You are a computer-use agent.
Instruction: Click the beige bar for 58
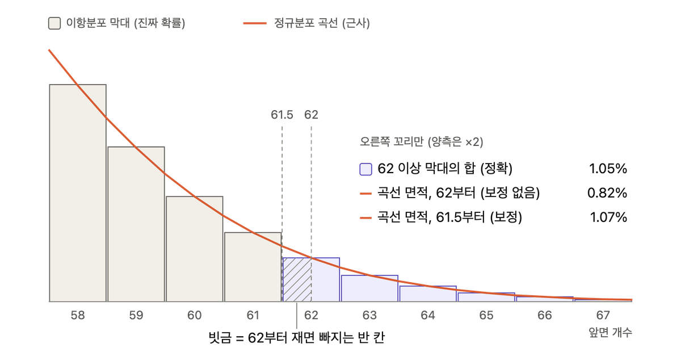(78, 193)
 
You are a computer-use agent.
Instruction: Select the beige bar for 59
(136, 224)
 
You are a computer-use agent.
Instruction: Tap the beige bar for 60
(195, 249)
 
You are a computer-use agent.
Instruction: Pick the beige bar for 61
(253, 267)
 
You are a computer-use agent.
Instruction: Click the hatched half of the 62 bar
(297, 280)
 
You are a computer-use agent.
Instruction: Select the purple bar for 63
(369, 288)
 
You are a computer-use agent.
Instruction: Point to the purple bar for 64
(428, 294)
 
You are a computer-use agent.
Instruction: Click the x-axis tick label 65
(486, 315)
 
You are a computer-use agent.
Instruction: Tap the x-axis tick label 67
(603, 315)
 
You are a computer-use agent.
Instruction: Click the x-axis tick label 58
(78, 315)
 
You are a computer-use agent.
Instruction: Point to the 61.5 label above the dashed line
(282, 115)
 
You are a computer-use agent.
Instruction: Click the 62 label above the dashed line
(311, 115)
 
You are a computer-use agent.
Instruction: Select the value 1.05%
(608, 169)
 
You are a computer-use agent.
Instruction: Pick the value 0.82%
(607, 193)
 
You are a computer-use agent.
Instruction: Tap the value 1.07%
(608, 217)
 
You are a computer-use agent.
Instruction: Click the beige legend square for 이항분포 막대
(54, 23)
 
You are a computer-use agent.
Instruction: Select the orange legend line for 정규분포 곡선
(255, 23)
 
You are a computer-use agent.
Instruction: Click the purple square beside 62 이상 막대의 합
(365, 169)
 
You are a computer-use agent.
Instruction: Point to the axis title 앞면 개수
(610, 332)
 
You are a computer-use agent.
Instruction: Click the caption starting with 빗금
(297, 337)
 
